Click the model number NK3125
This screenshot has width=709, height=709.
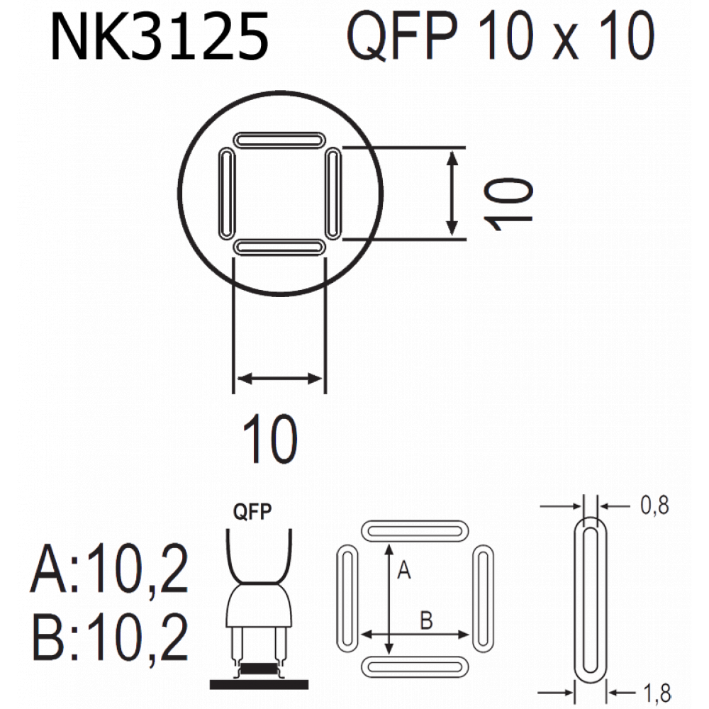click(160, 36)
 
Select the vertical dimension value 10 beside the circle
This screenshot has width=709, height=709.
click(508, 204)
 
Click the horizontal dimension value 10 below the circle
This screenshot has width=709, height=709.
click(270, 439)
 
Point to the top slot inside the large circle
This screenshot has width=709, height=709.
click(279, 139)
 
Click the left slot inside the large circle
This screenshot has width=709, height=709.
click(227, 194)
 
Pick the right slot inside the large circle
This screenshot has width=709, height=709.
click(333, 194)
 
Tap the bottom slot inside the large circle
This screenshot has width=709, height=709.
click(279, 247)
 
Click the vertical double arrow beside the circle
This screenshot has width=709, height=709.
click(452, 194)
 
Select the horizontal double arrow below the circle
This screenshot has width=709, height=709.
click(279, 379)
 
